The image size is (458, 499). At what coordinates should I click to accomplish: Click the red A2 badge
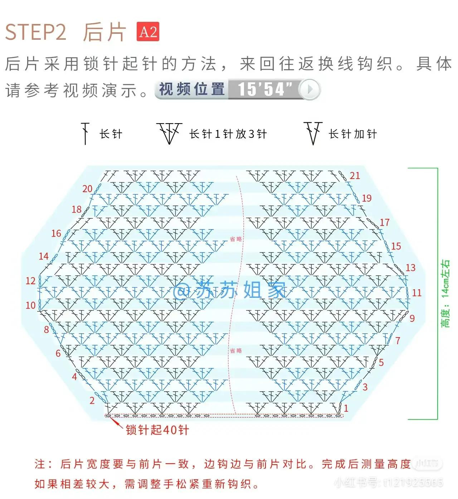[x=148, y=32]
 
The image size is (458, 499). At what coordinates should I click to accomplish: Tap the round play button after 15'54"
[x=310, y=89]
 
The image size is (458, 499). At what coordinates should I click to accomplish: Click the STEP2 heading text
[x=36, y=32]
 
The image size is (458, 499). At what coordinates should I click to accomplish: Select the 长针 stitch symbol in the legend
[x=85, y=134]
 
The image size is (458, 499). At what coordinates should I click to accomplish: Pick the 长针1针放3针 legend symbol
[x=169, y=133]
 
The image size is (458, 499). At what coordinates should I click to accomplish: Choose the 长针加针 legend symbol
[x=313, y=133]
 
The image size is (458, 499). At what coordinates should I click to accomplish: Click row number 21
[x=355, y=176]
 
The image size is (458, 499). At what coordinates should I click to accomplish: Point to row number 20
[x=87, y=189]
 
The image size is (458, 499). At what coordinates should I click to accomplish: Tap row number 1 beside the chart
[x=346, y=408]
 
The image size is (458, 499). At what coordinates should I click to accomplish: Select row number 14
[x=44, y=256]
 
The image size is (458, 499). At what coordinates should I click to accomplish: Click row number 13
[x=410, y=268]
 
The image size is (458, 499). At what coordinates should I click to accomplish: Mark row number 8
[x=46, y=330]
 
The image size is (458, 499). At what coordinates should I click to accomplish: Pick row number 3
[x=365, y=387]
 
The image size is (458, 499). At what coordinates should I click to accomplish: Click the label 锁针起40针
[x=157, y=430]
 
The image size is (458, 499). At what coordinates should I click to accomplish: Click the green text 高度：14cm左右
[x=445, y=294]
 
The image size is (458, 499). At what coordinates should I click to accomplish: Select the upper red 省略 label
[x=236, y=239]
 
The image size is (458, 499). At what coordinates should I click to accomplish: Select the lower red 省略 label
[x=236, y=351]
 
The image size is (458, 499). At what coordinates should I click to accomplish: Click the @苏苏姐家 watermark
[x=229, y=290]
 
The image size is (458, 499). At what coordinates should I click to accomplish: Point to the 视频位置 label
[x=192, y=89]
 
